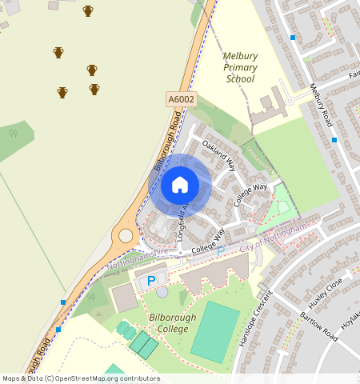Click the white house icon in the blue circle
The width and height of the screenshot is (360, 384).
[180, 185]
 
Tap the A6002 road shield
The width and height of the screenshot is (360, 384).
[182, 99]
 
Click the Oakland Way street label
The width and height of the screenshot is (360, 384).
[218, 155]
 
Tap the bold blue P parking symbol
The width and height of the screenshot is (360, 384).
[150, 281]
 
